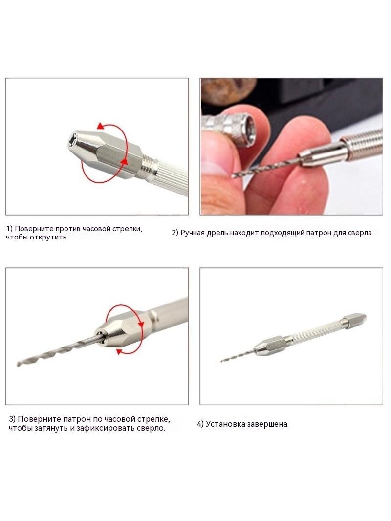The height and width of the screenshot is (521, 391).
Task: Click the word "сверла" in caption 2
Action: click(360, 233)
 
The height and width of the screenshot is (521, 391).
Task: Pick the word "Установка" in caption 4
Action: click(224, 424)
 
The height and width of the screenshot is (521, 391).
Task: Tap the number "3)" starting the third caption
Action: click(12, 419)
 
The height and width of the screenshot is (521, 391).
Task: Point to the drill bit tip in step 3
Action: click(18, 365)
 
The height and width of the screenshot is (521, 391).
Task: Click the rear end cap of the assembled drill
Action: click(355, 319)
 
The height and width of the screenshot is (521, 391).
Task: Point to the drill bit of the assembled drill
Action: click(238, 356)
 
